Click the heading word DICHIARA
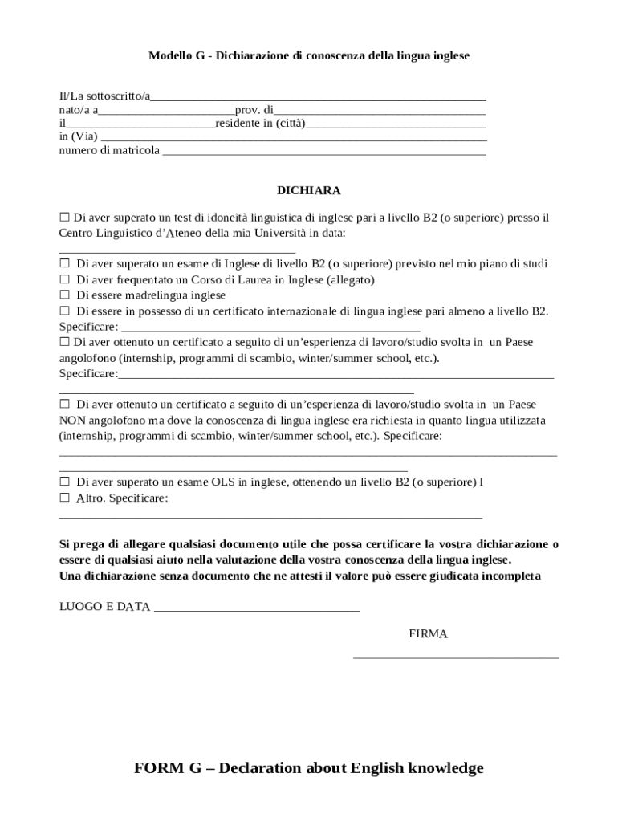[308, 191]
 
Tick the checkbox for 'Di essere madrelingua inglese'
[65, 295]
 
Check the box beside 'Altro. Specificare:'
[65, 498]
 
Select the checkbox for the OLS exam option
[65, 482]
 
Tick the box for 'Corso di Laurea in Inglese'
[65, 280]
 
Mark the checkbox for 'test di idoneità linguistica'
[65, 218]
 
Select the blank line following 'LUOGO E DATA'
[256, 608]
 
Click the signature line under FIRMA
[455, 657]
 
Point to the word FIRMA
[428, 634]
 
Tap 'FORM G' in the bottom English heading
[167, 769]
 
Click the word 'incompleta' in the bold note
[514, 576]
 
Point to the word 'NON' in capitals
[71, 420]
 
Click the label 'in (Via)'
[78, 137]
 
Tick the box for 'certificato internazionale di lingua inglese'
[65, 311]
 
